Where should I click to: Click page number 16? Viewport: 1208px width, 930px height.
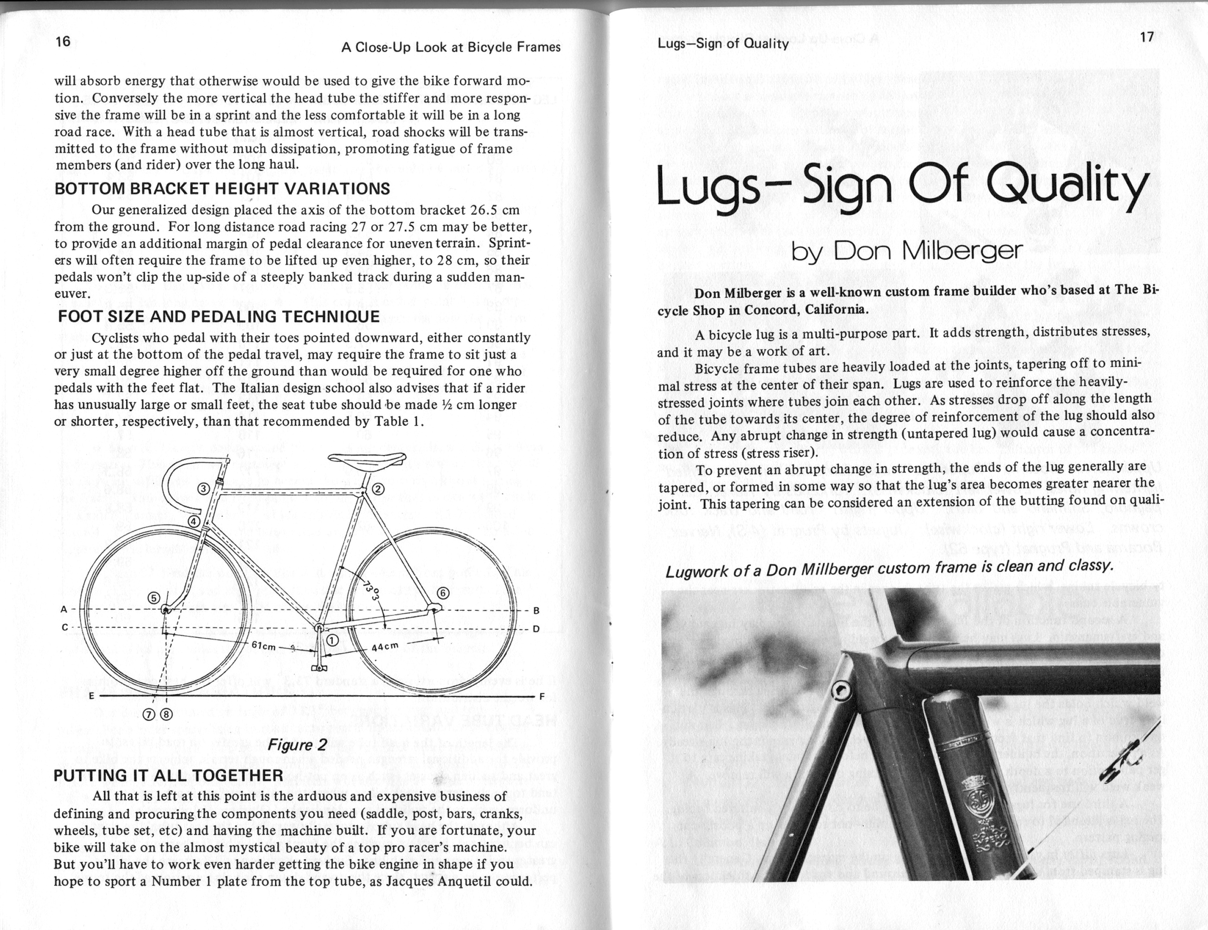click(63, 42)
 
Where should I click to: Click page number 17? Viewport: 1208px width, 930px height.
click(1147, 37)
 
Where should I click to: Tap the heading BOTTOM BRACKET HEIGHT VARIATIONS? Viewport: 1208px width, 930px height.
click(222, 189)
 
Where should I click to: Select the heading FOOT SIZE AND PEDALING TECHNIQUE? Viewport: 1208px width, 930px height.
click(219, 316)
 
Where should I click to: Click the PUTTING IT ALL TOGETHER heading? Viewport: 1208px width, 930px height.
click(168, 775)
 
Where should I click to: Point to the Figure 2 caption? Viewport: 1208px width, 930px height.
click(297, 744)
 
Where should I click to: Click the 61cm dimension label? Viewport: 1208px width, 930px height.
click(263, 644)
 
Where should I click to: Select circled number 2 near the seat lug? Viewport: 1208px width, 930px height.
click(378, 489)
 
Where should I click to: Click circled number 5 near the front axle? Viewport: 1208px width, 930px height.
click(155, 597)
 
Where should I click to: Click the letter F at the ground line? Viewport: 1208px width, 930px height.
click(542, 696)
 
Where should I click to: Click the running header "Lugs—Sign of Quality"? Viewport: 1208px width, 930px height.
click(723, 44)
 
